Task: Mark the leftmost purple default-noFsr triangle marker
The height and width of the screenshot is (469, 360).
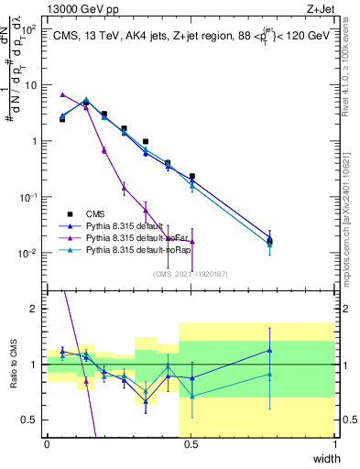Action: (x=62, y=94)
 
